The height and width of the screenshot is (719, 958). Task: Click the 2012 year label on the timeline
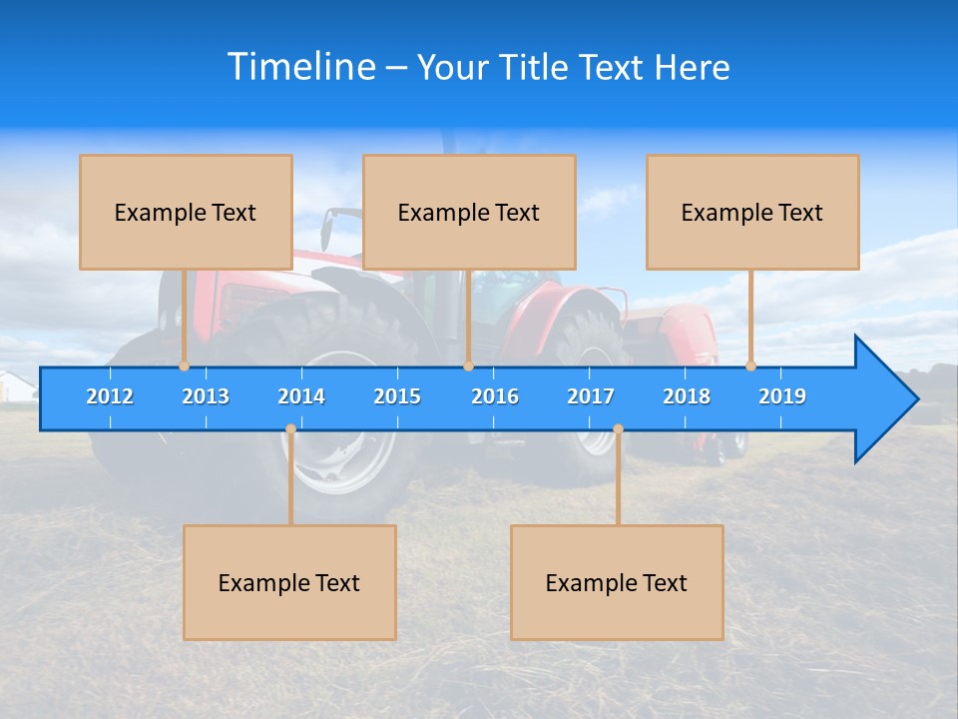[110, 396]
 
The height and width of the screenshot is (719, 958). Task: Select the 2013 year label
[206, 396]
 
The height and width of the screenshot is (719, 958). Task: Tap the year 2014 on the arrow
[301, 396]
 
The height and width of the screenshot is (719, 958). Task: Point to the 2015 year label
[397, 396]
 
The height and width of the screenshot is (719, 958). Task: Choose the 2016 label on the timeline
[495, 396]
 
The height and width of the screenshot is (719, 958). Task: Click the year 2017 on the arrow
[591, 396]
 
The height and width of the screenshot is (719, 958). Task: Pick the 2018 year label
[687, 396]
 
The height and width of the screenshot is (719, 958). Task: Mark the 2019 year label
[782, 396]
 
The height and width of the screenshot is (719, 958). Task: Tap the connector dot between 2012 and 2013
[185, 366]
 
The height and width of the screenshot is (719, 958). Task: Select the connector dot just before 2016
[468, 366]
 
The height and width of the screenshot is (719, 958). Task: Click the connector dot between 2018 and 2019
[751, 366]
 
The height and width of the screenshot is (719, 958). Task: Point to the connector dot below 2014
[290, 429]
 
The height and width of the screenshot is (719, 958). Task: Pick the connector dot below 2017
[618, 429]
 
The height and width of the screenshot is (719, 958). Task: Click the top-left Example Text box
[186, 212]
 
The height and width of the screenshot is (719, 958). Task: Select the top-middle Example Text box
[469, 212]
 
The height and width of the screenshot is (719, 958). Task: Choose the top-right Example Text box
[752, 212]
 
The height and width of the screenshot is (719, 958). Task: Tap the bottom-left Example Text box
[289, 582]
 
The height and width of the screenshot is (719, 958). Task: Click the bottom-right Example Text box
[617, 582]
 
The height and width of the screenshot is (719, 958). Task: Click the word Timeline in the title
[301, 67]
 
